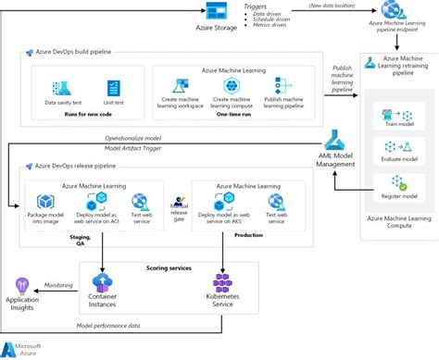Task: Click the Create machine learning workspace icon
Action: click(182, 88)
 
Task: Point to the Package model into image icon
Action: click(45, 202)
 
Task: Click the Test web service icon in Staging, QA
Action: click(141, 202)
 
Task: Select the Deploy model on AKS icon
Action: click(222, 203)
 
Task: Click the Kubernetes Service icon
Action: click(222, 280)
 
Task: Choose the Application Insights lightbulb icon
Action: click(21, 289)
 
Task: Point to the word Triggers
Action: click(257, 6)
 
